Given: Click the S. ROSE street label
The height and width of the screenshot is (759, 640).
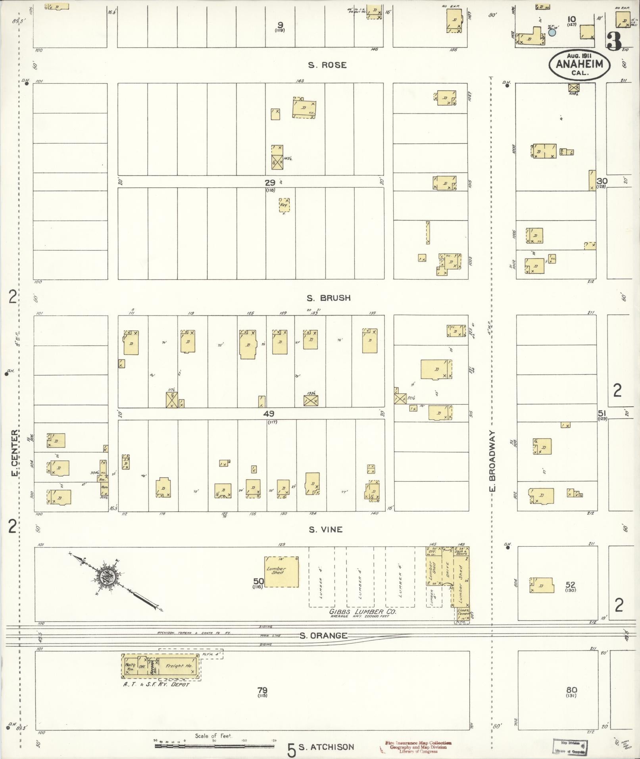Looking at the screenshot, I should [x=327, y=65].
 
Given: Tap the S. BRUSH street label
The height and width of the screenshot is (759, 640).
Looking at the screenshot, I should [x=329, y=298].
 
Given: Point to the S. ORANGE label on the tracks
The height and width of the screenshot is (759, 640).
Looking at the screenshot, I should [x=323, y=636].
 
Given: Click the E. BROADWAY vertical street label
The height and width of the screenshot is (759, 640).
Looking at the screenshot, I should [x=493, y=461].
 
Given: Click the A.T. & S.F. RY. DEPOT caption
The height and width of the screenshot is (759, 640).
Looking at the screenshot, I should [x=156, y=684].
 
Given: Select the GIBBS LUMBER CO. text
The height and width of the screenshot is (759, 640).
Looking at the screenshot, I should [x=362, y=623].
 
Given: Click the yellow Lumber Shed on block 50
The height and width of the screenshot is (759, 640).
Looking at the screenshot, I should [x=281, y=572].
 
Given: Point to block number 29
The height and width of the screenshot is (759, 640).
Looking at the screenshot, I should [x=270, y=183].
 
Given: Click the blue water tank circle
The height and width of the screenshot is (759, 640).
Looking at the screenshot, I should [x=552, y=33].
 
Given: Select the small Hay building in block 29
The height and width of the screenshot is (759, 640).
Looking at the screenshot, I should [x=284, y=205].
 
